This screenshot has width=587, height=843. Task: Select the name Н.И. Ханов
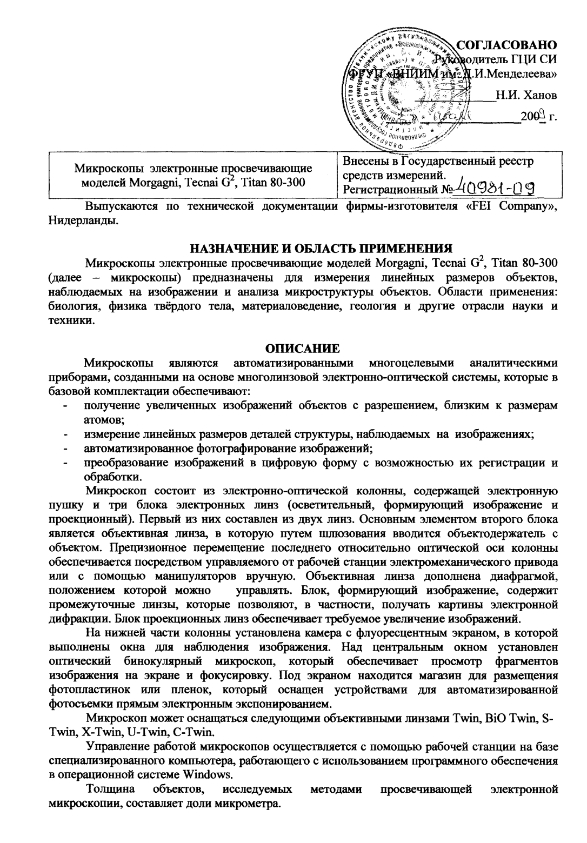pyautogui.click(x=527, y=96)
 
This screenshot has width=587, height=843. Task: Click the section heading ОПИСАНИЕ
pyautogui.click(x=305, y=346)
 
